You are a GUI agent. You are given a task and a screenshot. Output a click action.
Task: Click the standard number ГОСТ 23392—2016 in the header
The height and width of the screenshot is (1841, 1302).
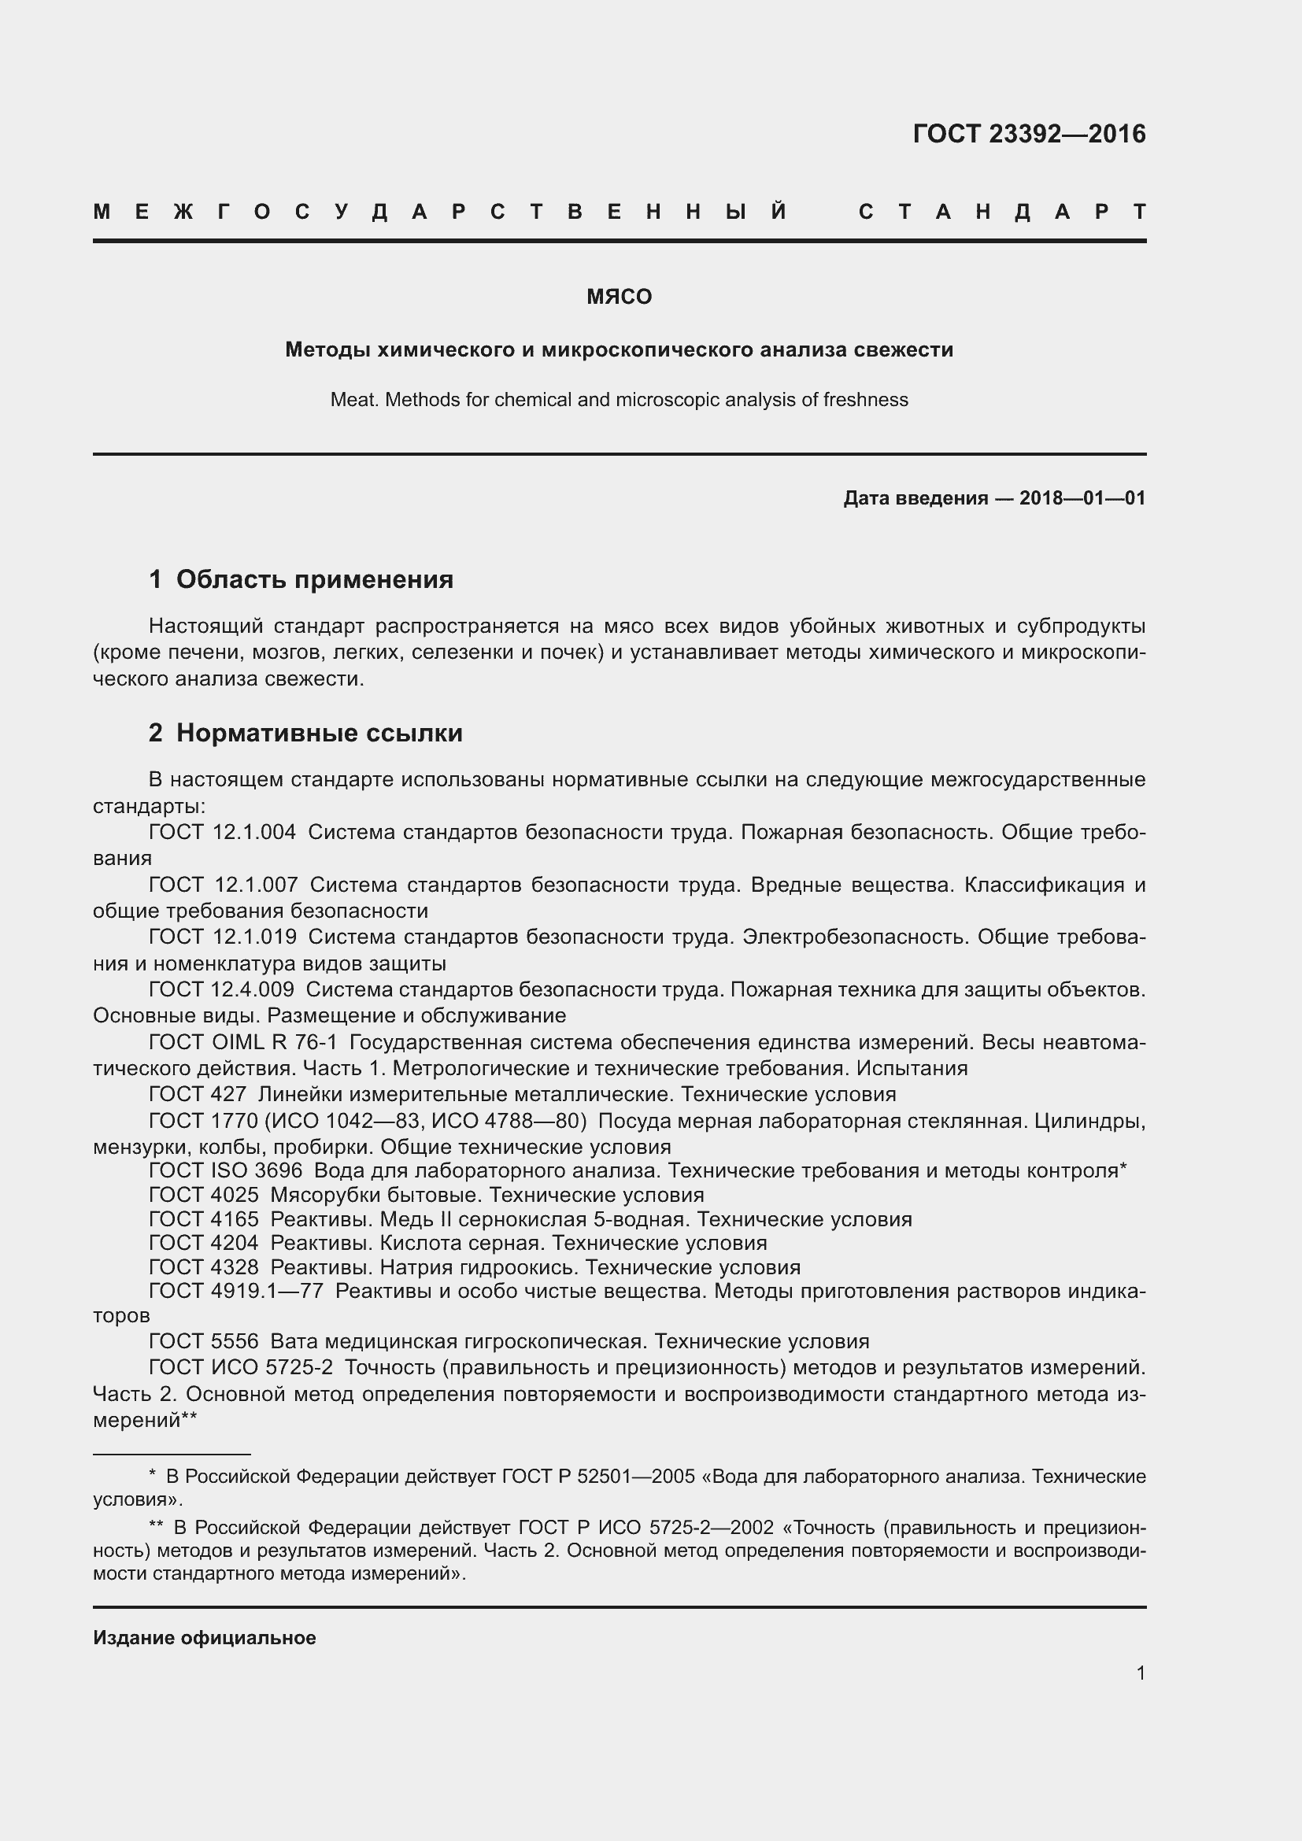tap(1029, 134)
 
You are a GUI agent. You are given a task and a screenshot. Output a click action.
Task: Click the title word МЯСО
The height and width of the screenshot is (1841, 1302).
tap(619, 297)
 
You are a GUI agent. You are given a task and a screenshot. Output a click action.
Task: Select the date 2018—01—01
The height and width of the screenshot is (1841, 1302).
tap(1082, 499)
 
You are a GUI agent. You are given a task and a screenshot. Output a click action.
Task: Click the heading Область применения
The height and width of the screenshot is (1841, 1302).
tap(314, 579)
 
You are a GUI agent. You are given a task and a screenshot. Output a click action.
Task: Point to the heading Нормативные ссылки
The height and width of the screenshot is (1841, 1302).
tap(319, 733)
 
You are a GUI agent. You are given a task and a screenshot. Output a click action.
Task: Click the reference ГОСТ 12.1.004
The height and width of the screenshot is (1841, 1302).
tap(222, 832)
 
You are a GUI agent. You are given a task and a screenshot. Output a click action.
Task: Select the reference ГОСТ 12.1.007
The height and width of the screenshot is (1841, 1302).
tap(223, 885)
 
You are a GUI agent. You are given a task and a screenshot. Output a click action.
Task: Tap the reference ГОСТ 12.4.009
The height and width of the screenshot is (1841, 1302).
tap(221, 990)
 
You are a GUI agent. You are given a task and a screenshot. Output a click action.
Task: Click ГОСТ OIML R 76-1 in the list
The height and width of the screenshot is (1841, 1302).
tap(243, 1042)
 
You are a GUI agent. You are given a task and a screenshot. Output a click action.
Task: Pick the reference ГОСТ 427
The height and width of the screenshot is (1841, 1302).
tap(198, 1095)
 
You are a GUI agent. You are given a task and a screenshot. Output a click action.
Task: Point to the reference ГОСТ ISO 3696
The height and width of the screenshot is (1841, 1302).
tap(225, 1170)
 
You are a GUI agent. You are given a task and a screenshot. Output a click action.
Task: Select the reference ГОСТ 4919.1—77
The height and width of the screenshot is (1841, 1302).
tap(235, 1292)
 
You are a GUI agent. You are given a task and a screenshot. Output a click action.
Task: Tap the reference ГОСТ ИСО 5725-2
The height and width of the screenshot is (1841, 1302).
tap(241, 1367)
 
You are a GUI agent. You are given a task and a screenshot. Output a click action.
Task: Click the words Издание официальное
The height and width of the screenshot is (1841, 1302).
tap(205, 1638)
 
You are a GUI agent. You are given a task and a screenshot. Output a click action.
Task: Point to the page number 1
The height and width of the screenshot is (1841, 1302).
tap(1140, 1673)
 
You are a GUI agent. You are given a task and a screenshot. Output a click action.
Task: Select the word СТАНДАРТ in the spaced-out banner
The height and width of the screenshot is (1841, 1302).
tap(1002, 212)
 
